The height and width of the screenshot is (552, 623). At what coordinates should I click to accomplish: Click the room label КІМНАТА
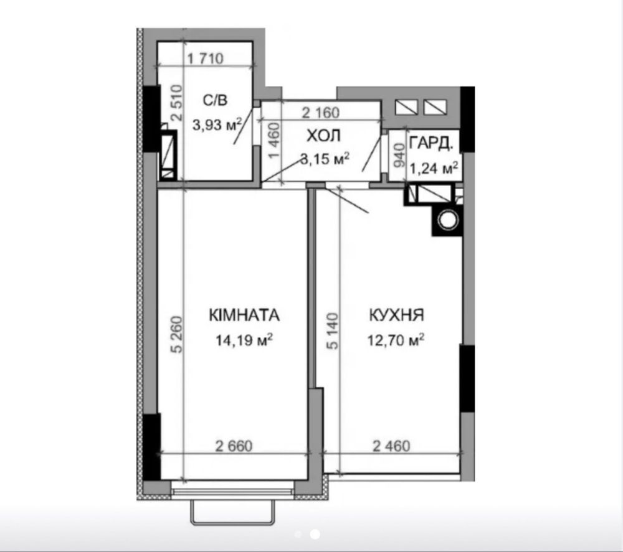tap(244, 315)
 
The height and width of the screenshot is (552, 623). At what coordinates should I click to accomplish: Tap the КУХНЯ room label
tap(396, 315)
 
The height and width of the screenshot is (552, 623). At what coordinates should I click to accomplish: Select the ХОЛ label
tap(323, 136)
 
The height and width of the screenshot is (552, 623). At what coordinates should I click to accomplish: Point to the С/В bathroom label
tap(216, 100)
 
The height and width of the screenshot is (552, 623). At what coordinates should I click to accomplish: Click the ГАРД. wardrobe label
tap(431, 143)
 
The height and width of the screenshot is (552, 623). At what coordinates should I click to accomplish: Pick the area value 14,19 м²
tap(244, 340)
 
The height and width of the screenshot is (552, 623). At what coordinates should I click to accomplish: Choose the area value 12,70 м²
tap(396, 340)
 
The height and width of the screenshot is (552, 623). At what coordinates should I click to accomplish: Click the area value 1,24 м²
tap(434, 168)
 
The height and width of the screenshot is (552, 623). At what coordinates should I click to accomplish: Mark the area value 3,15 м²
tap(325, 159)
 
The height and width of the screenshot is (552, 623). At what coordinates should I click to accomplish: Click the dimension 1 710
tap(206, 58)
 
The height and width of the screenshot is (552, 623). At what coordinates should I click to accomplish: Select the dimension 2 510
tap(177, 103)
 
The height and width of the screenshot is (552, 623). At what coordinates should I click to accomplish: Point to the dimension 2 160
tap(321, 113)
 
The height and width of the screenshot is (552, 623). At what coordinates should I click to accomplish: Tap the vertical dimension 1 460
tap(275, 140)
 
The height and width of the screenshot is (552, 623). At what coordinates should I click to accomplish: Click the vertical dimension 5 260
tap(176, 335)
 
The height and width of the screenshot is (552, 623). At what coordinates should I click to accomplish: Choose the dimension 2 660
tap(234, 446)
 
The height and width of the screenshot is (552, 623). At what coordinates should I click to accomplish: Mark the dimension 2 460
tap(391, 446)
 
